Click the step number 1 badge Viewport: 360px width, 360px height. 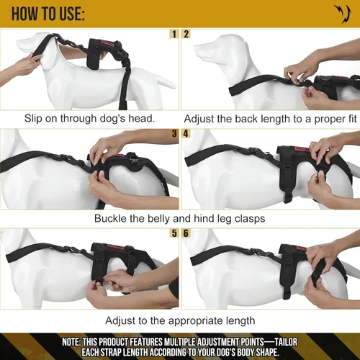tap(174, 34)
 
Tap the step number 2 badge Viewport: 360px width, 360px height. tap(186, 34)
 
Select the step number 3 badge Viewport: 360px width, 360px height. tap(174, 134)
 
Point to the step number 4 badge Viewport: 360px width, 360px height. tap(186, 134)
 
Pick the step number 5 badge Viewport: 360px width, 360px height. tap(174, 233)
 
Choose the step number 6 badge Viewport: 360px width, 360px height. tap(186, 233)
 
